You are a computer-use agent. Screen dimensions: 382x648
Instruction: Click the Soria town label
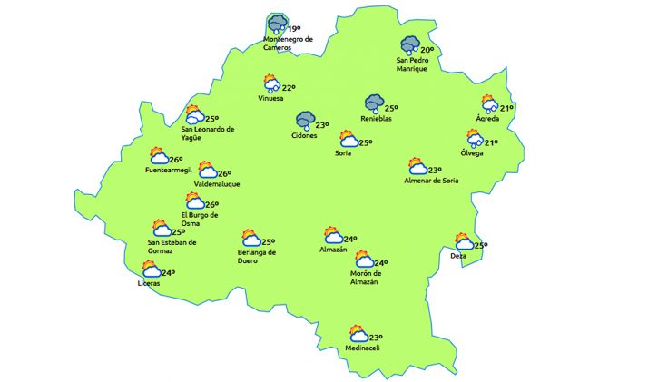(x=343, y=152)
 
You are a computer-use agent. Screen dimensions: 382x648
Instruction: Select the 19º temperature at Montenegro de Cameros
(x=293, y=29)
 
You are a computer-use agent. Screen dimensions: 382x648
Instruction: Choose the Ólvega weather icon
(x=474, y=138)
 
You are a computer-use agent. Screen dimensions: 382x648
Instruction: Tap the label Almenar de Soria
(x=432, y=181)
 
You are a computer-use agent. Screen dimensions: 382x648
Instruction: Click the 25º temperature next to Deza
(x=481, y=245)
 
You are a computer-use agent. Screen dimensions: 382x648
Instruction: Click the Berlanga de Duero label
(x=256, y=256)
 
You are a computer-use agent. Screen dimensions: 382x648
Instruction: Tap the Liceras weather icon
(x=150, y=269)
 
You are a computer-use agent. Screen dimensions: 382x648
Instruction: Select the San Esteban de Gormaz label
(x=172, y=247)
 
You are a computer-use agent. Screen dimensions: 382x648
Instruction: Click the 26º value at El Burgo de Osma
(x=211, y=205)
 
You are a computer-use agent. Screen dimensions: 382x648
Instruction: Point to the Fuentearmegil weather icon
(x=159, y=155)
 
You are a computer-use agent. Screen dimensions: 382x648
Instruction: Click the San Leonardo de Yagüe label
(x=208, y=133)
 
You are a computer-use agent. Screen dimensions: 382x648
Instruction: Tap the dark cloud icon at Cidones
(x=305, y=121)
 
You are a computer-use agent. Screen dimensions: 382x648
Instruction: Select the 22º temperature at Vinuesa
(x=289, y=88)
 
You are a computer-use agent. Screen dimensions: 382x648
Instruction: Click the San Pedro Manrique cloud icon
(x=410, y=45)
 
